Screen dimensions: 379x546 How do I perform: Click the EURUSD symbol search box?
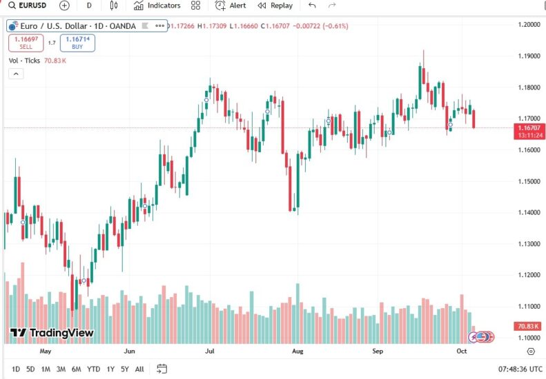tap(29, 6)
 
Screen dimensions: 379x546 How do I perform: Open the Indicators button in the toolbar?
tap(157, 6)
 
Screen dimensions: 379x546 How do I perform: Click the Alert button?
tap(231, 6)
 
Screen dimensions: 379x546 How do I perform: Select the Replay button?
tap(275, 6)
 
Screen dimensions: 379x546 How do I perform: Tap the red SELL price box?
tap(26, 43)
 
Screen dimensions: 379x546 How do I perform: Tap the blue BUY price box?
tap(77, 43)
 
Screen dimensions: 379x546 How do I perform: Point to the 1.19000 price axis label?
tap(529, 57)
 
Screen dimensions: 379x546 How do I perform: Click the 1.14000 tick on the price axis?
tap(529, 213)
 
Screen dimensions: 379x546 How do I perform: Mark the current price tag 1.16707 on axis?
tap(529, 127)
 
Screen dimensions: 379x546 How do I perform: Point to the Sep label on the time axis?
tap(378, 351)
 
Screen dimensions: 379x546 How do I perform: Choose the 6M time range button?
tap(76, 369)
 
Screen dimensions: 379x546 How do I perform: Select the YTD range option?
tap(93, 369)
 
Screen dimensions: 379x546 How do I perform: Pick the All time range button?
tap(139, 369)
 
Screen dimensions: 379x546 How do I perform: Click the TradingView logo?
tap(52, 333)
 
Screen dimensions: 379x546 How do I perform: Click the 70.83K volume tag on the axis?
tap(529, 325)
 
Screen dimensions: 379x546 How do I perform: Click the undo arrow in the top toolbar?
tap(313, 6)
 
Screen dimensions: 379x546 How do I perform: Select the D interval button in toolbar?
tap(89, 6)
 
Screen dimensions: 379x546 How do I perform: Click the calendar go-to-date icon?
tap(162, 369)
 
